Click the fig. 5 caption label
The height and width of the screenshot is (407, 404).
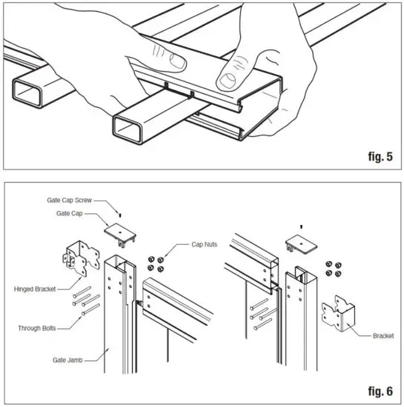(x=376, y=156)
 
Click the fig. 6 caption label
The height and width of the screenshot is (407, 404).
(x=376, y=387)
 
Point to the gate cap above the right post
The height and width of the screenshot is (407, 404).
(x=301, y=246)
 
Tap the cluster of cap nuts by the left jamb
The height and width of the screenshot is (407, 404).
(x=158, y=264)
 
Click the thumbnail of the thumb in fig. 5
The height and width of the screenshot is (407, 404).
(x=225, y=73)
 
